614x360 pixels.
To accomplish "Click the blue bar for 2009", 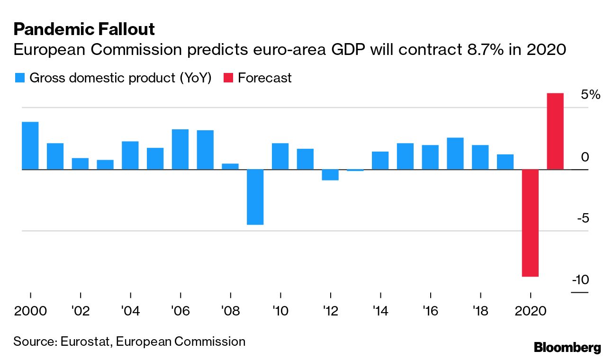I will coord(255,197).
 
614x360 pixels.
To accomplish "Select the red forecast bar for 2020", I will coord(530,223).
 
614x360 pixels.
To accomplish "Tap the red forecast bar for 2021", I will coord(555,131).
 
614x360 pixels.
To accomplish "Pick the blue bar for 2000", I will coord(30,145).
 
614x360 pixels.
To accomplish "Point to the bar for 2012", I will coord(330,175).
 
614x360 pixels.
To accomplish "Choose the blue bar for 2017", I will coord(455,153).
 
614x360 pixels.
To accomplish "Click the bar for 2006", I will coord(180,149).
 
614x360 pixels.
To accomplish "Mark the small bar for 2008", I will coord(230,166).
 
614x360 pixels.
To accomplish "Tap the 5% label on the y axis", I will coord(590,95).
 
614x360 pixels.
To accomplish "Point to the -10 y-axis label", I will coord(580,280).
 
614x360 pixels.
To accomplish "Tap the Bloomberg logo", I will coord(567,348).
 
